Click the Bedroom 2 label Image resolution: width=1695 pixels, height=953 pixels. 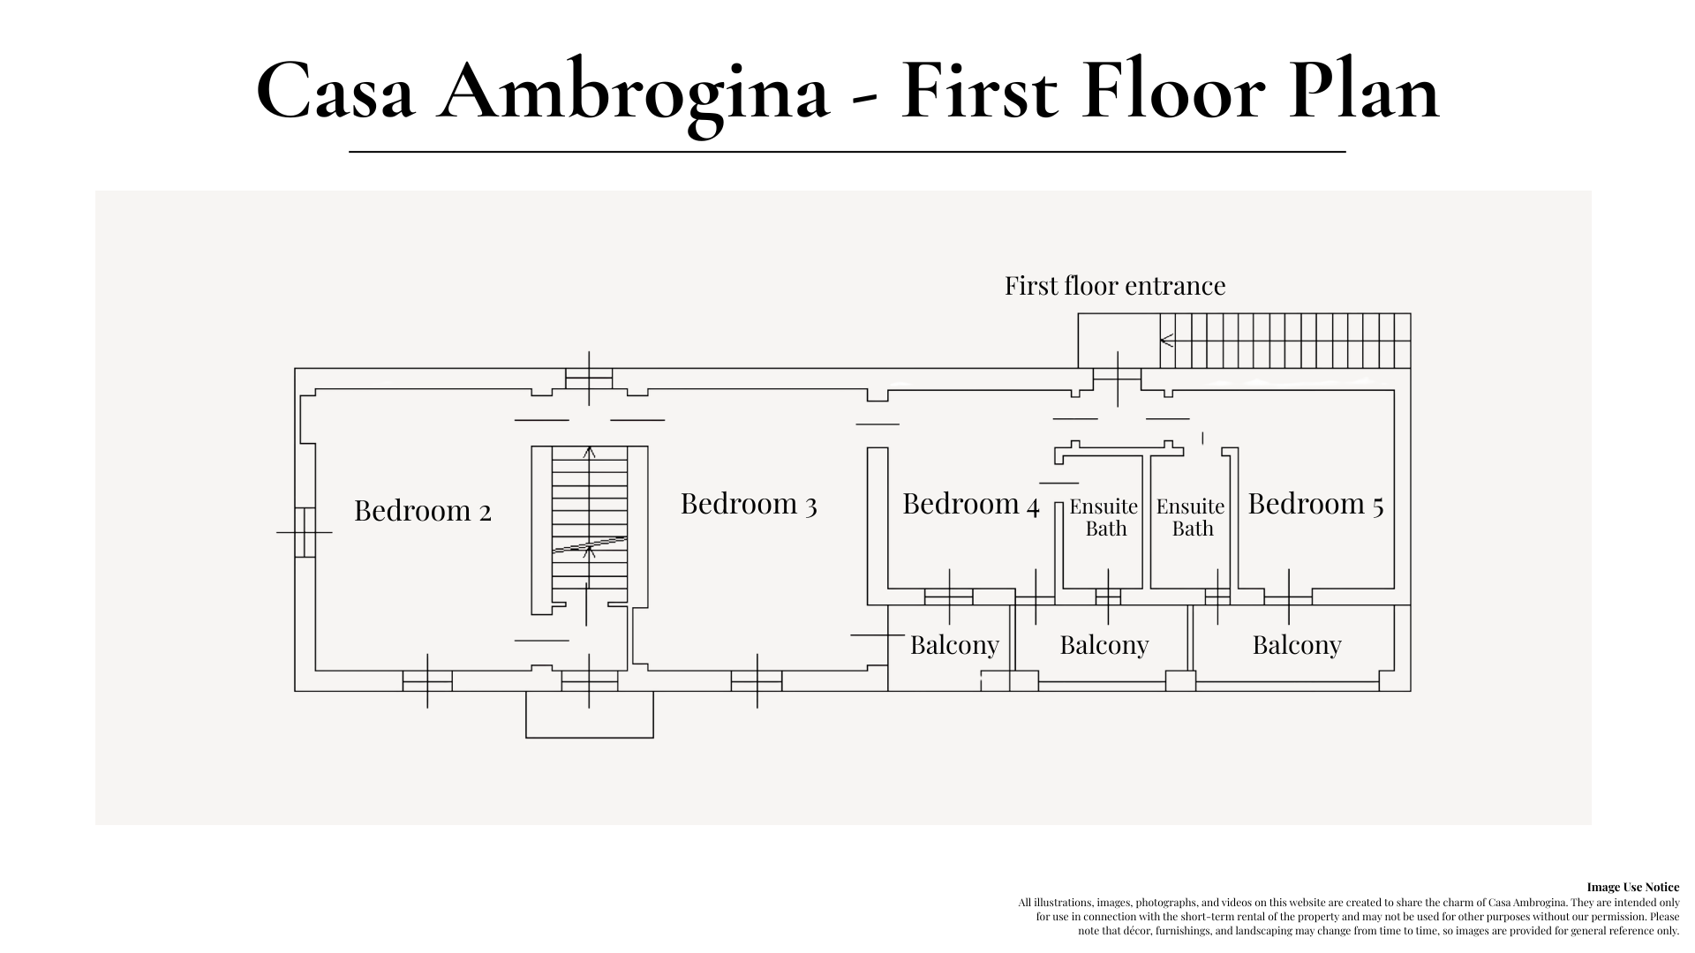coord(422,511)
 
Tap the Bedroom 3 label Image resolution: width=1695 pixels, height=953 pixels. coord(748,504)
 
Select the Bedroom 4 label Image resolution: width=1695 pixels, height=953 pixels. coord(970,504)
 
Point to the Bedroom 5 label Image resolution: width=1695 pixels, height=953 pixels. coord(1315,504)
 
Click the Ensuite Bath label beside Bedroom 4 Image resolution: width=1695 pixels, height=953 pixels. coord(1104,517)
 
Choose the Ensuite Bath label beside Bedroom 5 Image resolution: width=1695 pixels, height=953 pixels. coord(1191,517)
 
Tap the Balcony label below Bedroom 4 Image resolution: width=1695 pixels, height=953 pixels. coord(954,645)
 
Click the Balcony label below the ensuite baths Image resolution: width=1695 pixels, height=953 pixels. coord(1104,645)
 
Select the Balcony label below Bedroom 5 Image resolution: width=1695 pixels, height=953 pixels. coord(1296,645)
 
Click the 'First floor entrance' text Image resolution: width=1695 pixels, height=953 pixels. coord(1115,286)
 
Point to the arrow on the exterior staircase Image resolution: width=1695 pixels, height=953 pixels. coord(1167,340)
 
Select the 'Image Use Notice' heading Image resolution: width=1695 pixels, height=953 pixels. coord(1632,887)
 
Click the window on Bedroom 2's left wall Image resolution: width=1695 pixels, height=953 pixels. coord(305,532)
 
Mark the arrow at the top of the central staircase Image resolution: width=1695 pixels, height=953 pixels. coord(590,453)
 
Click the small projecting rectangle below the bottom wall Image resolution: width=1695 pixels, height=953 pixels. coord(590,714)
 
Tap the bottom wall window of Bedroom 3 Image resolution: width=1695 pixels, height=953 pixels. coord(757,680)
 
